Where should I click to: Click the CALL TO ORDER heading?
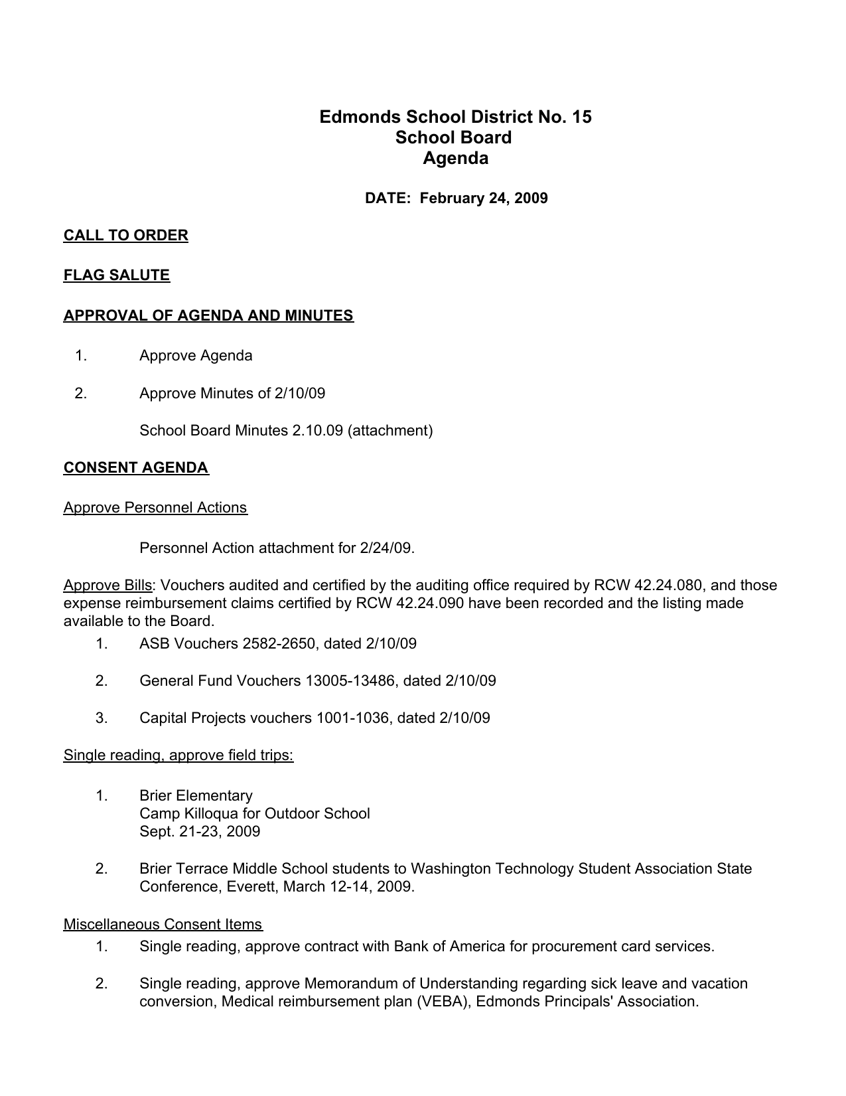(125, 236)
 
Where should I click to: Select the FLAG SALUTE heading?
(117, 275)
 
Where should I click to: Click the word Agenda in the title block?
(455, 158)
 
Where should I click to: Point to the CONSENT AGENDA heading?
(136, 468)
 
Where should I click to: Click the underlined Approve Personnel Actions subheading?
(155, 508)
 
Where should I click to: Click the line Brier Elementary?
(196, 795)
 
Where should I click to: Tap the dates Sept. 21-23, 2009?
(200, 831)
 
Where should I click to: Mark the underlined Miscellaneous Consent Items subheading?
(163, 924)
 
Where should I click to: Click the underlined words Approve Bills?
(107, 586)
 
